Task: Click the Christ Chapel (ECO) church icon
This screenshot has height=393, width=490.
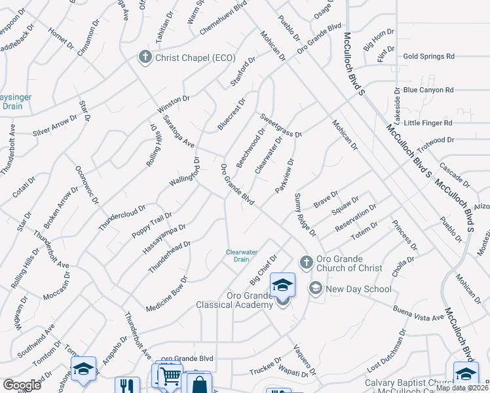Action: (x=145, y=58)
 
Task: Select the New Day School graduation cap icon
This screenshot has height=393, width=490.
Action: (x=316, y=289)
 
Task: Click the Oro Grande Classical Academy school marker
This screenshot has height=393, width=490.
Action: (x=282, y=286)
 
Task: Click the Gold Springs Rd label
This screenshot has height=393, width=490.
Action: (x=429, y=57)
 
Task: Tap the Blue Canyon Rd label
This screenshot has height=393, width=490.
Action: (x=428, y=90)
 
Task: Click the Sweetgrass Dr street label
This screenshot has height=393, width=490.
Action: (x=280, y=125)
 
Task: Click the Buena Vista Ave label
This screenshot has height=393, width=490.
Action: (x=419, y=312)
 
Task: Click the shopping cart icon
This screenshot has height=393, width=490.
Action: (x=170, y=376)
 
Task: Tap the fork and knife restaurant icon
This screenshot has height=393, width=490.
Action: (x=127, y=385)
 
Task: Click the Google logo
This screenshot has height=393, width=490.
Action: (x=22, y=385)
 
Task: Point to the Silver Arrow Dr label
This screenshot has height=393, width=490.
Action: (x=60, y=124)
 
